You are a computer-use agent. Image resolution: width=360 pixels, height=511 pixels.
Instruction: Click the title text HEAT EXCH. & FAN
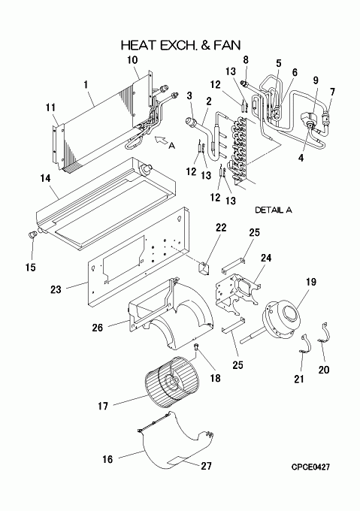[x=181, y=45]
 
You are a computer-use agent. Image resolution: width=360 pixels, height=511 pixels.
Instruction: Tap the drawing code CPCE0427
[x=310, y=467]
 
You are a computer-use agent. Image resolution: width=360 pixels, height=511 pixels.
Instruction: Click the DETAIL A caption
[x=274, y=210]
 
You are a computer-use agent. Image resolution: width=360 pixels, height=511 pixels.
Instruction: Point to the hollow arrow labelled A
[x=161, y=140]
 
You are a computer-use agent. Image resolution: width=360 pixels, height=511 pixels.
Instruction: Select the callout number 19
[x=311, y=281]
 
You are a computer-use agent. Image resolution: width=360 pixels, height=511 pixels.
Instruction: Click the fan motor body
[x=281, y=319]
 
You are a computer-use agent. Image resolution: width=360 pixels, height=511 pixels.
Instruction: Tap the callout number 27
[x=206, y=466]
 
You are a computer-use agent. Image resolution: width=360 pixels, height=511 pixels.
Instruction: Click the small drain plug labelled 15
[x=32, y=234]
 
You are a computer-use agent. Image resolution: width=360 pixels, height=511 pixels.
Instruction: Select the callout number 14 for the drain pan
[x=46, y=178]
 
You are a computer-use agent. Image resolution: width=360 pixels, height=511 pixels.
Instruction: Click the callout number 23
[x=56, y=289]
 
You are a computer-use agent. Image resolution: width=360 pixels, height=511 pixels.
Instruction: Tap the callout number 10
[x=132, y=60]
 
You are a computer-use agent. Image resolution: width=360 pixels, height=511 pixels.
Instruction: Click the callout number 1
[x=86, y=85]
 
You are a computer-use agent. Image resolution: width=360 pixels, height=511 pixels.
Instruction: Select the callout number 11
[x=50, y=107]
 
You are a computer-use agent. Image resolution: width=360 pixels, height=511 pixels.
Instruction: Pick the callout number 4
[x=301, y=158]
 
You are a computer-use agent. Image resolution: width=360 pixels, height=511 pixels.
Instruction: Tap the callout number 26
[x=97, y=328]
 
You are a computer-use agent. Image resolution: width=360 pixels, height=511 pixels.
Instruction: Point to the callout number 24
[x=266, y=258]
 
